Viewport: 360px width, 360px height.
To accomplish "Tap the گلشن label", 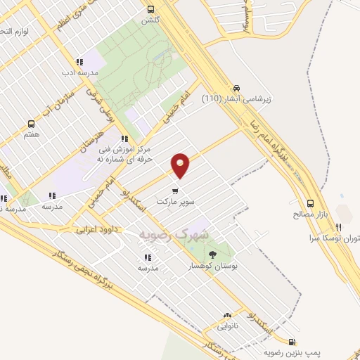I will pyautogui.click(x=150, y=21).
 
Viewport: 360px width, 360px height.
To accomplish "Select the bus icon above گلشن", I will pyautogui.click(x=150, y=9).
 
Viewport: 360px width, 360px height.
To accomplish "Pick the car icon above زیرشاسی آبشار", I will pyautogui.click(x=237, y=89).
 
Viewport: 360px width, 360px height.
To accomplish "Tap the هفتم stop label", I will pyautogui.click(x=30, y=134).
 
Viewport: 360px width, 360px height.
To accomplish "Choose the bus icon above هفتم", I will pyautogui.click(x=30, y=122).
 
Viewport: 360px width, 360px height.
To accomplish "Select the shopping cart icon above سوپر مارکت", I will pyautogui.click(x=175, y=190).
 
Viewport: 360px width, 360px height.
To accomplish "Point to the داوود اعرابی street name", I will pyautogui.click(x=96, y=229).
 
